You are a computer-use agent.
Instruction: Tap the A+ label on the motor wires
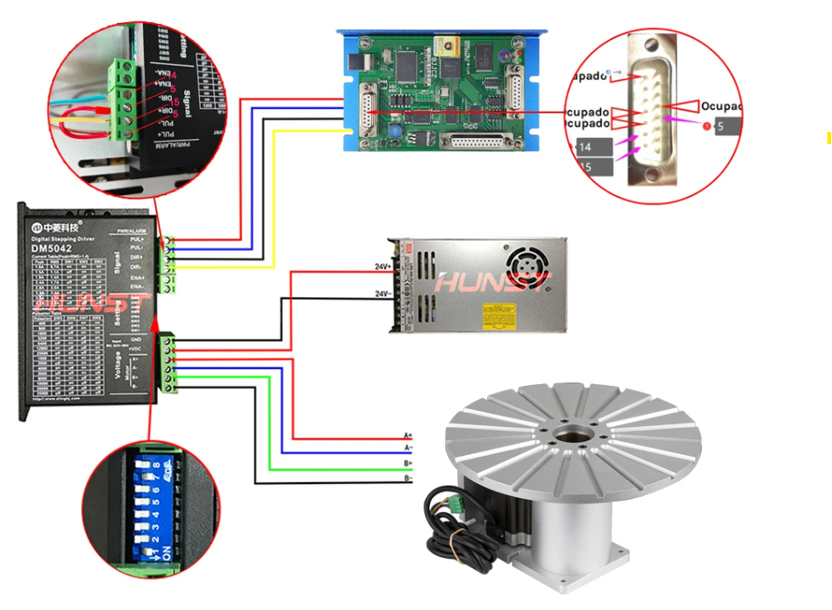408,435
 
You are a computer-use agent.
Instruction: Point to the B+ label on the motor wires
408,463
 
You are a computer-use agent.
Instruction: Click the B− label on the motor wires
408,479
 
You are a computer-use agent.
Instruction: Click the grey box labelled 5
726,126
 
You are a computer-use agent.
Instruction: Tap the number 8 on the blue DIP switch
156,465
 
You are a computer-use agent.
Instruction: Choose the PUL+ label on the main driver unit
137,240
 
